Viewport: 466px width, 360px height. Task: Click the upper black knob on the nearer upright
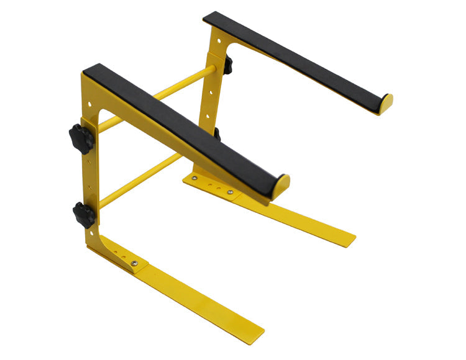pyautogui.click(x=80, y=138)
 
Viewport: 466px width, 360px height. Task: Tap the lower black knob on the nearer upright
pyautogui.click(x=83, y=215)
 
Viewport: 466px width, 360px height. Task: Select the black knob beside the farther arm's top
pyautogui.click(x=227, y=65)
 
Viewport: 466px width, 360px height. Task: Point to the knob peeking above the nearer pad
pyautogui.click(x=216, y=133)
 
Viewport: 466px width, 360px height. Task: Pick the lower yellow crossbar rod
pyautogui.click(x=140, y=181)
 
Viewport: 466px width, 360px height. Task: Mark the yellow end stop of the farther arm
pyautogui.click(x=386, y=104)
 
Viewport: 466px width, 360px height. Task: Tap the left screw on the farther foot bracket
pyautogui.click(x=195, y=178)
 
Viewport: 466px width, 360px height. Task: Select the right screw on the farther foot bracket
pyautogui.click(x=231, y=192)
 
